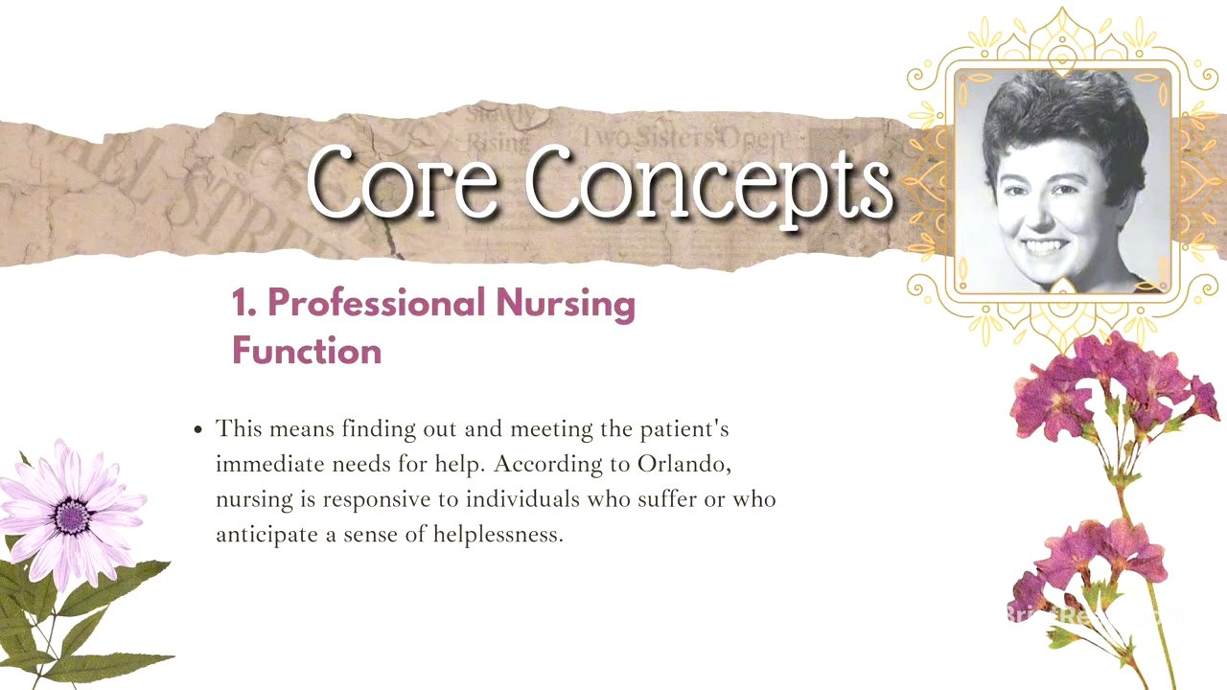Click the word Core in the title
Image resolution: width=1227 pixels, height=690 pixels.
(x=403, y=181)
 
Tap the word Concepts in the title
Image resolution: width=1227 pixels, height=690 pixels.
(x=710, y=183)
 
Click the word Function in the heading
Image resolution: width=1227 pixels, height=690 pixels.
(x=307, y=351)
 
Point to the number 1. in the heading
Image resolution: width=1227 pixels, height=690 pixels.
(x=244, y=303)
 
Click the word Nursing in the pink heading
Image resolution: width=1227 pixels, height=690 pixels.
(x=566, y=305)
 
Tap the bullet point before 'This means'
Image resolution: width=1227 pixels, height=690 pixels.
(x=198, y=429)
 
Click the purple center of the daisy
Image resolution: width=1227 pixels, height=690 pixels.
(x=72, y=516)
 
